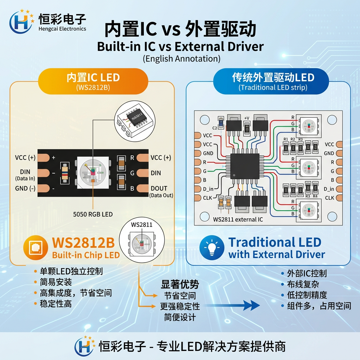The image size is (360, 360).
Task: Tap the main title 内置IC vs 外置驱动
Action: point(180,30)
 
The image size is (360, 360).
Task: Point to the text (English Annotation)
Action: point(182,58)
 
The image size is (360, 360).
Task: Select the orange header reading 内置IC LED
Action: point(93,78)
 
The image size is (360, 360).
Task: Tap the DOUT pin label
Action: point(159,188)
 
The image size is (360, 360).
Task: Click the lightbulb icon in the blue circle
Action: point(212,247)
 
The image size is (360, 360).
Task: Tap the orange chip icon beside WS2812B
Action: point(36,247)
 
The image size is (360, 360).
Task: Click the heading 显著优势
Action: point(180,284)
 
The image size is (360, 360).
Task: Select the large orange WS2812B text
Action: point(83,243)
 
